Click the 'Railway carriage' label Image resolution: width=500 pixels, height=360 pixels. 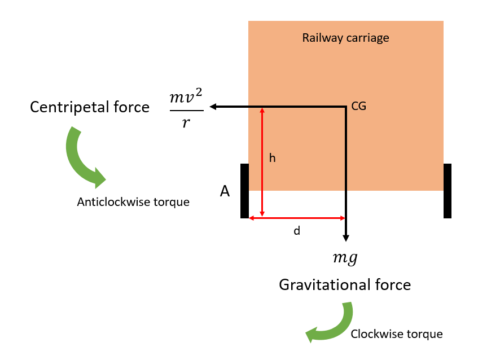click(345, 38)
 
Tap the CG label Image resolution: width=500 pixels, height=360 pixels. click(358, 106)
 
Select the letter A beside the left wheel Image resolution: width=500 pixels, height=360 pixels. click(225, 192)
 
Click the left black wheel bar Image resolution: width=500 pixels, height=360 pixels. click(244, 191)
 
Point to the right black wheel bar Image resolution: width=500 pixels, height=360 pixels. click(448, 191)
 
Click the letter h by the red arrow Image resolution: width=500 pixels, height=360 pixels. click(272, 159)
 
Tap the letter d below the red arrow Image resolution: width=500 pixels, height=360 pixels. click(296, 231)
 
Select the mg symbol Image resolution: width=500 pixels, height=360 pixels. click(345, 258)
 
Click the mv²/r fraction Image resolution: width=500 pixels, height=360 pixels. click(186, 109)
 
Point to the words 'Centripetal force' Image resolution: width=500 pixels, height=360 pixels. click(90, 107)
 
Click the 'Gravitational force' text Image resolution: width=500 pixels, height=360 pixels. click(345, 284)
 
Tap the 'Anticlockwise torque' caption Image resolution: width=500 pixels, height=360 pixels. click(133, 202)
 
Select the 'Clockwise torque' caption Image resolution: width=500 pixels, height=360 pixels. click(397, 334)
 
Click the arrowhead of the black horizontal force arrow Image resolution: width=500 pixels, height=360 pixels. click(213, 106)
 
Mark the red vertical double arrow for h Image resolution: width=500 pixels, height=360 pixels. click(262, 162)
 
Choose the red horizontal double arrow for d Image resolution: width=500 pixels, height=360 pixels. click(297, 218)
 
